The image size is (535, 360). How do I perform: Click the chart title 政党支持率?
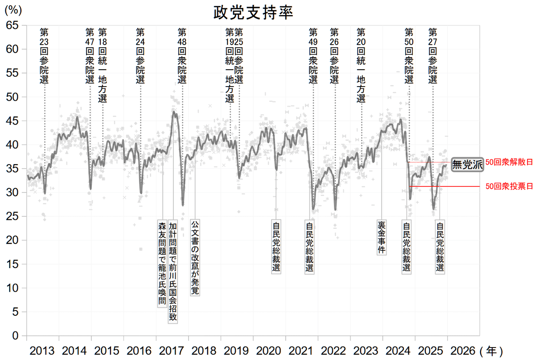pos(253,12)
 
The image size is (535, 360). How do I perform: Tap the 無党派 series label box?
pos(467,165)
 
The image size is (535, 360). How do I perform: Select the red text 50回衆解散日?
pos(509,162)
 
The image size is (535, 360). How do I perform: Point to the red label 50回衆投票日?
pos(509,186)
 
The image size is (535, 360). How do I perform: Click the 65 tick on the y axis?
pos(12,25)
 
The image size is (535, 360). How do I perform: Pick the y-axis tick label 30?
pos(12,192)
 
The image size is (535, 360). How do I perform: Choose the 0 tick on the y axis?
pos(15,335)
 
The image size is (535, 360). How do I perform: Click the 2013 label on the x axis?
pos(42,351)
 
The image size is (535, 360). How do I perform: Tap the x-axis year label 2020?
pos(269,351)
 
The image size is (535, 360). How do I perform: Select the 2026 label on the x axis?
pos(463,351)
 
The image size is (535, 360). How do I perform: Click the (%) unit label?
pos(13,10)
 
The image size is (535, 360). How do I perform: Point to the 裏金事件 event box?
pos(382,237)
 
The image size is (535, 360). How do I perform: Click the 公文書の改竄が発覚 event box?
pos(195,258)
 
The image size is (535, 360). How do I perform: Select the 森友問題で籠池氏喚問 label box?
pos(162,264)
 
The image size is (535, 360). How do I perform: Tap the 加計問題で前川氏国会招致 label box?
pos(173,272)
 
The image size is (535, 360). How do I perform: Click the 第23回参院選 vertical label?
pos(44,56)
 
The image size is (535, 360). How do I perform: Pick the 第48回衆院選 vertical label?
pos(182,56)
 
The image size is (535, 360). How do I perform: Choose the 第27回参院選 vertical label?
pos(432,56)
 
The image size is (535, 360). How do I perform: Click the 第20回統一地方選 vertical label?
pos(361,65)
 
